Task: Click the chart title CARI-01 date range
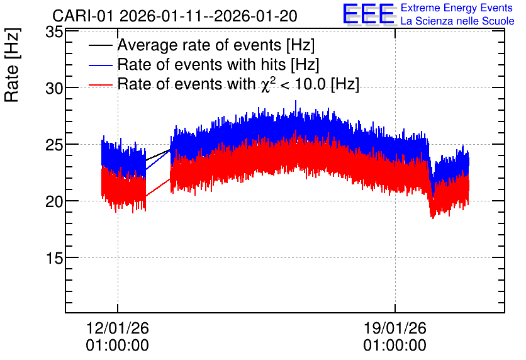(x=175, y=16)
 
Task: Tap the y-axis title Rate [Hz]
(x=12, y=65)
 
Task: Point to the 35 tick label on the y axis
(x=54, y=32)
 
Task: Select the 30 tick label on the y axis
(x=54, y=89)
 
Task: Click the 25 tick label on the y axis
(x=54, y=145)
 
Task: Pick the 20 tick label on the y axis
(x=54, y=201)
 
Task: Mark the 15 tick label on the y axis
(x=54, y=258)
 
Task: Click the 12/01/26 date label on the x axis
(x=118, y=328)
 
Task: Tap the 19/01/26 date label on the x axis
(x=395, y=328)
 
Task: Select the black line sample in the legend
(x=101, y=45)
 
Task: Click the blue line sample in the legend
(x=101, y=65)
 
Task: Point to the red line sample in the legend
(x=101, y=85)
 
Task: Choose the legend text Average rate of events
(x=199, y=45)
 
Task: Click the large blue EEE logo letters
(x=369, y=14)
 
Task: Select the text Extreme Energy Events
(x=457, y=8)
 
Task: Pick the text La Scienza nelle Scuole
(x=457, y=21)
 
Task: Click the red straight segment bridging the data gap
(x=158, y=188)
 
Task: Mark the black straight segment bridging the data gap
(x=158, y=155)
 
